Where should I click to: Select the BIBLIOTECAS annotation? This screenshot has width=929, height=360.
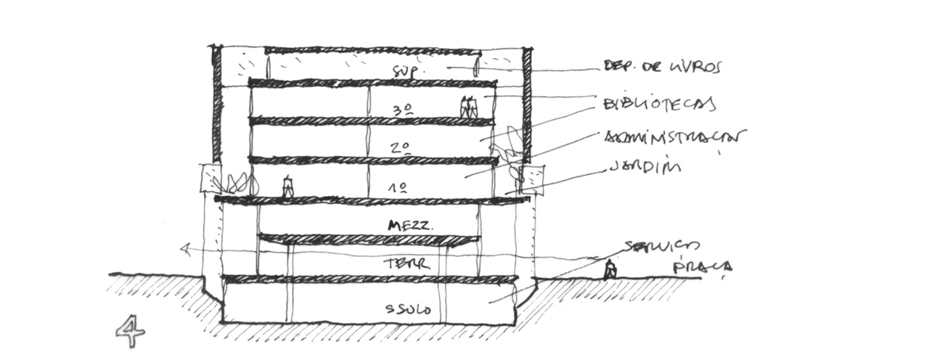tap(659, 104)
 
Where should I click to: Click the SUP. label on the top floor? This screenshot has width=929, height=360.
tap(402, 71)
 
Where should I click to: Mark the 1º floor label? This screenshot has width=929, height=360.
tap(397, 187)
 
